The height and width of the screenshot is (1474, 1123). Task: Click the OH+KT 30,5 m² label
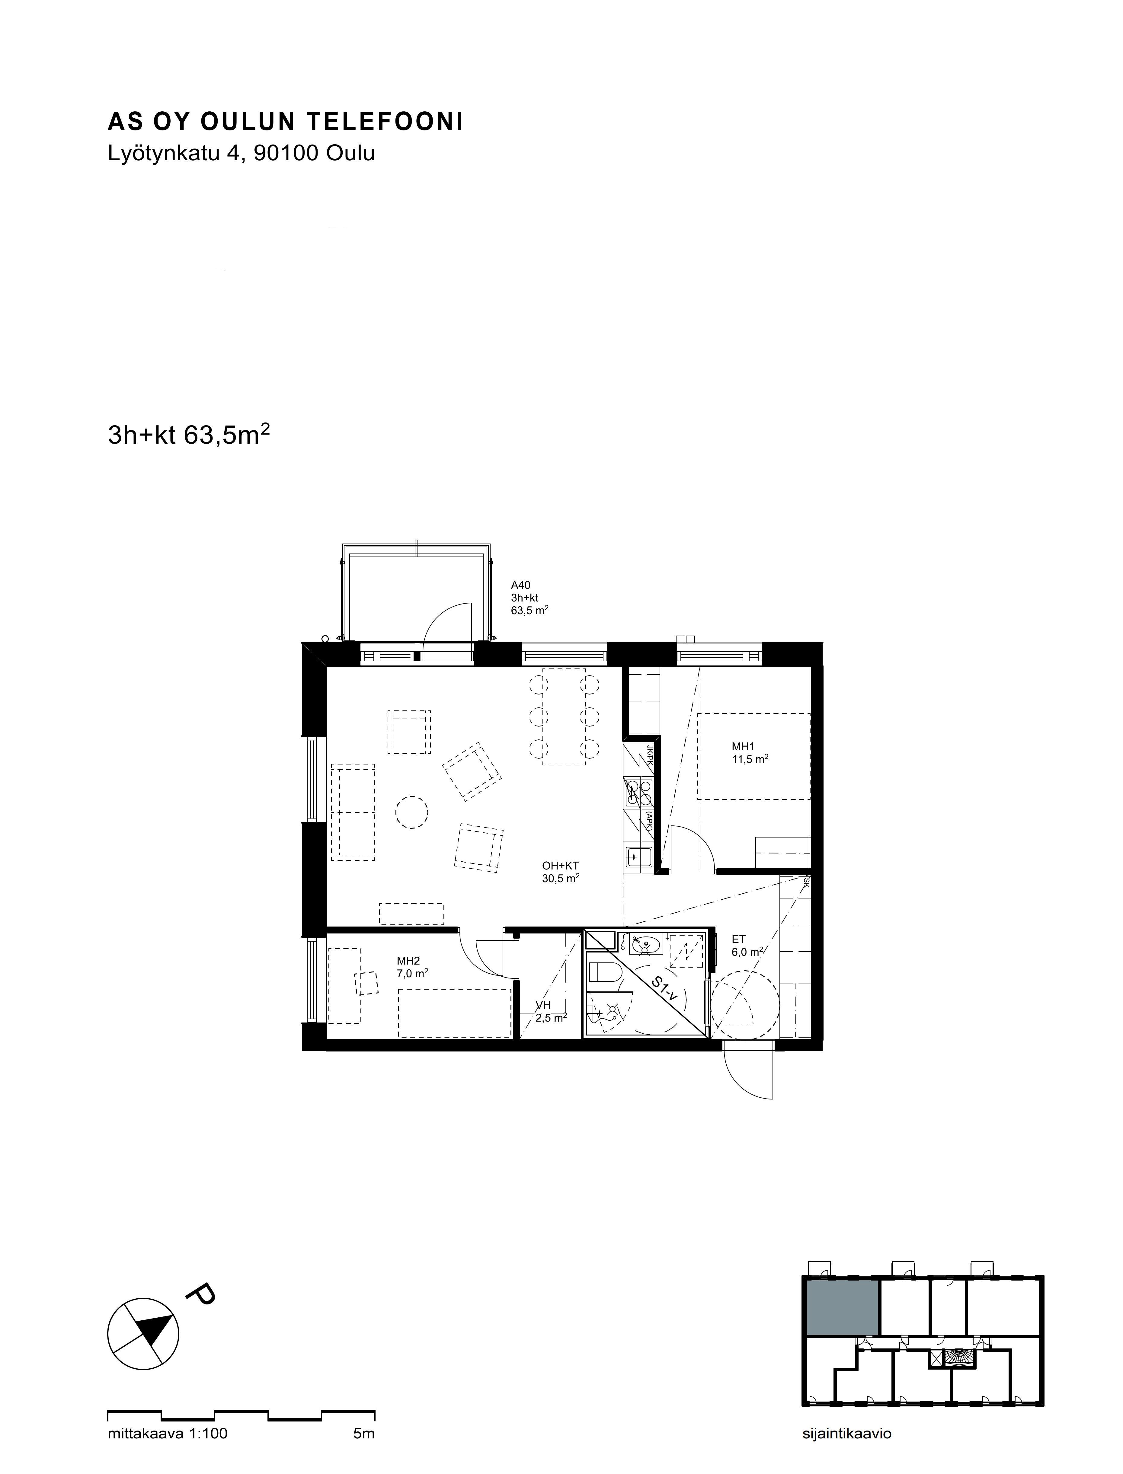560,872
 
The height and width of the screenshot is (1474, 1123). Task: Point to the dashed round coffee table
411,812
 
